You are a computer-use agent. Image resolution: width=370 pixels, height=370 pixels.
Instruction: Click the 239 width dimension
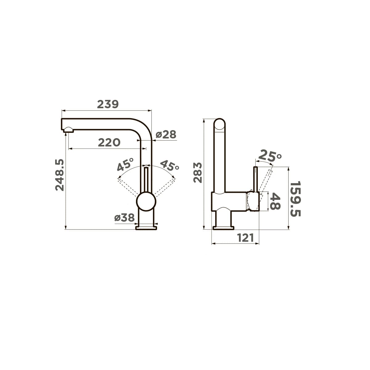pyautogui.click(x=108, y=104)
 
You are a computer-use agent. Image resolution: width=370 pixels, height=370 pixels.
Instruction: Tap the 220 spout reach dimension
pyautogui.click(x=109, y=143)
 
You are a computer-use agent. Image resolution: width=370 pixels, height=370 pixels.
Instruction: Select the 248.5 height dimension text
pyautogui.click(x=60, y=175)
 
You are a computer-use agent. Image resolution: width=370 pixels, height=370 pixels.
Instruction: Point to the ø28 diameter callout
pyautogui.click(x=166, y=134)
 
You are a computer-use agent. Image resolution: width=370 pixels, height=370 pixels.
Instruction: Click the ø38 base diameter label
pyautogui.click(x=125, y=218)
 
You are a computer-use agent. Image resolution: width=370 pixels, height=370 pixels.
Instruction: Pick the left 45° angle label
pyautogui.click(x=125, y=164)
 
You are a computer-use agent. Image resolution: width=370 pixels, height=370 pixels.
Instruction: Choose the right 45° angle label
pyautogui.click(x=170, y=165)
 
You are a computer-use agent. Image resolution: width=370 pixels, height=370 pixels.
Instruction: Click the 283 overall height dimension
pyautogui.click(x=198, y=173)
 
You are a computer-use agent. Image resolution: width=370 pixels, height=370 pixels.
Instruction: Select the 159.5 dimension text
pyautogui.click(x=295, y=199)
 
